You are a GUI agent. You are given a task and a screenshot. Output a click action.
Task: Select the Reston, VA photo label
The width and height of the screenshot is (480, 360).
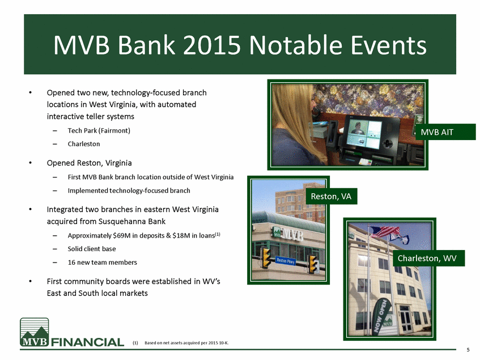(331, 196)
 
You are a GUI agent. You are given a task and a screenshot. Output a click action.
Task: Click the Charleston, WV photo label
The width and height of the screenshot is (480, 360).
(427, 259)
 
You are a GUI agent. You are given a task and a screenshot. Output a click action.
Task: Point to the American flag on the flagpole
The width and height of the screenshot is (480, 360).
(385, 232)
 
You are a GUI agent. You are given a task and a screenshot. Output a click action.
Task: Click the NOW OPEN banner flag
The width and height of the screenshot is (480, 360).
(380, 316)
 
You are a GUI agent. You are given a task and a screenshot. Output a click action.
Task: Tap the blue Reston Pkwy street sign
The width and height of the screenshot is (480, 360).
(286, 261)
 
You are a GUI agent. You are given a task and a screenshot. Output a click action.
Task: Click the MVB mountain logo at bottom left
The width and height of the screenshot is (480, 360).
(34, 332)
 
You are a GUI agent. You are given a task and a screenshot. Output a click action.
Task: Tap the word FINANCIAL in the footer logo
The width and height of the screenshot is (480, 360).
(87, 342)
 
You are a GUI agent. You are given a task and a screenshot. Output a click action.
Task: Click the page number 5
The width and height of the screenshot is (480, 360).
(468, 350)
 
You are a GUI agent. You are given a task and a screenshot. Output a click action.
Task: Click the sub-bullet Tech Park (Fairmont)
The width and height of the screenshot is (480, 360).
(99, 131)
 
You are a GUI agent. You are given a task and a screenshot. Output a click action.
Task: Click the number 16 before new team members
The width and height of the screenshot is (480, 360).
(71, 262)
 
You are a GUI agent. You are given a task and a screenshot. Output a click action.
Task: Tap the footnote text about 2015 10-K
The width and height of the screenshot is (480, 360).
(186, 343)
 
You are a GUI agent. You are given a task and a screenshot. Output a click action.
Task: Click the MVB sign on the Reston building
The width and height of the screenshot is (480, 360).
(288, 234)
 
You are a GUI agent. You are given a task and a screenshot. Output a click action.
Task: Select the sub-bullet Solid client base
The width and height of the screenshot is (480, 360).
(92, 249)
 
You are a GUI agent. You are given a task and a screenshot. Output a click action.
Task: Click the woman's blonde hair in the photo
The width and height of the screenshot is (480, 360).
(294, 120)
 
